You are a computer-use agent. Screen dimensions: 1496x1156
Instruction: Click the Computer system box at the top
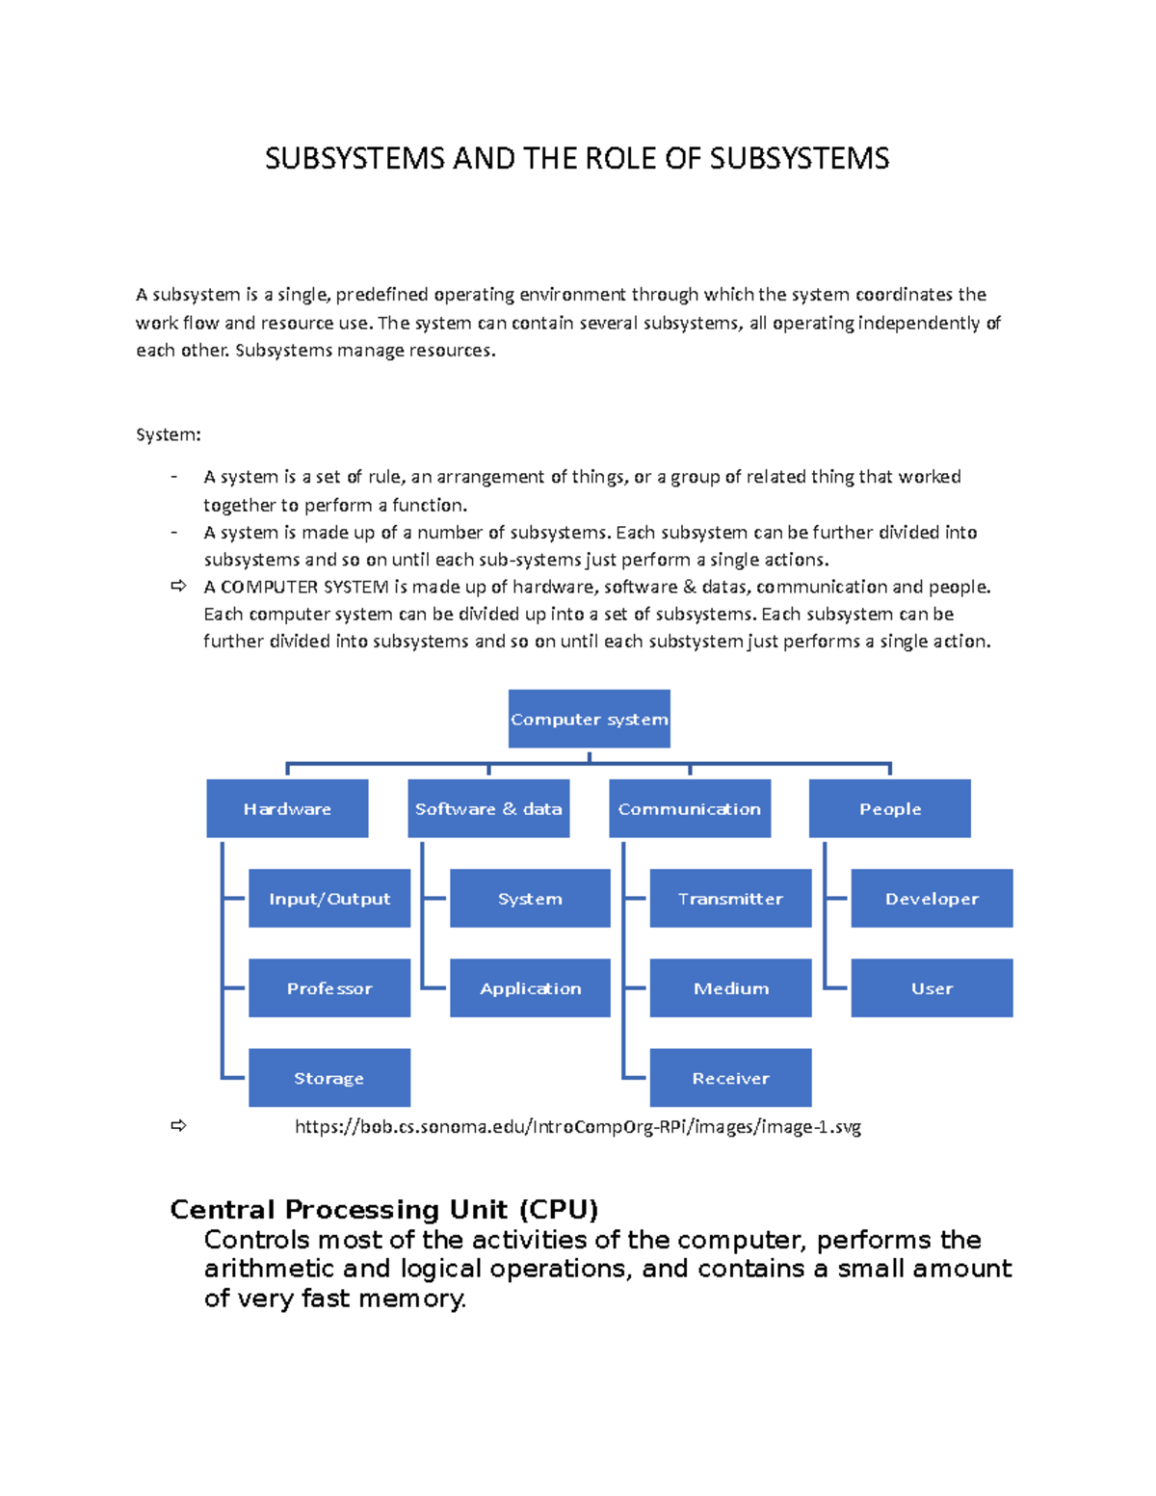pos(589,719)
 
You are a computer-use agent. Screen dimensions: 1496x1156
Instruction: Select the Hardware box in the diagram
pos(287,808)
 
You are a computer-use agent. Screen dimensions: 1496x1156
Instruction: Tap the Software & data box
pos(488,808)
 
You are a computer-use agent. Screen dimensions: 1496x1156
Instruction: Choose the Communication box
pos(690,808)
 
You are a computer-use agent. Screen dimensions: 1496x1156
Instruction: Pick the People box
pos(890,808)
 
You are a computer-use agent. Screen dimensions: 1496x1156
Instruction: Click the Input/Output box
pos(329,898)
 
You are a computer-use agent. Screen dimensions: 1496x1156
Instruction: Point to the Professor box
pos(329,987)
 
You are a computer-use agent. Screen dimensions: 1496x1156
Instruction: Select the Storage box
pos(329,1077)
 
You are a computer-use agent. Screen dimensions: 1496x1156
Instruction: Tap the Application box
pos(530,987)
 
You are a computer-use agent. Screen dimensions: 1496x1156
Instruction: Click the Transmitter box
pos(730,898)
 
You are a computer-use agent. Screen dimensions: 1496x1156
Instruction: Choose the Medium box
pos(730,987)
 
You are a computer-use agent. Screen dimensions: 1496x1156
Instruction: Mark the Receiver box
pos(730,1077)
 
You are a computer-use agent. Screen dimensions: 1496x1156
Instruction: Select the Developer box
pos(932,898)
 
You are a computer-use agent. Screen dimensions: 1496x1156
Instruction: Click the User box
pos(932,987)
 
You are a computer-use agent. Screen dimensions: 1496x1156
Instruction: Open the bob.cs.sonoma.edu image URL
pos(577,1126)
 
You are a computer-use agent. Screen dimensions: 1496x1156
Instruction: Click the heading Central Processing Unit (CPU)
pos(384,1209)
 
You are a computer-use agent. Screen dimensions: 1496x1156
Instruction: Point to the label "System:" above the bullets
pos(169,434)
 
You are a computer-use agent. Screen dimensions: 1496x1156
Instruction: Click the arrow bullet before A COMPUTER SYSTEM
pos(178,586)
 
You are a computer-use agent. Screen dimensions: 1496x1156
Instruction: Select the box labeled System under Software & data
pos(530,898)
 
